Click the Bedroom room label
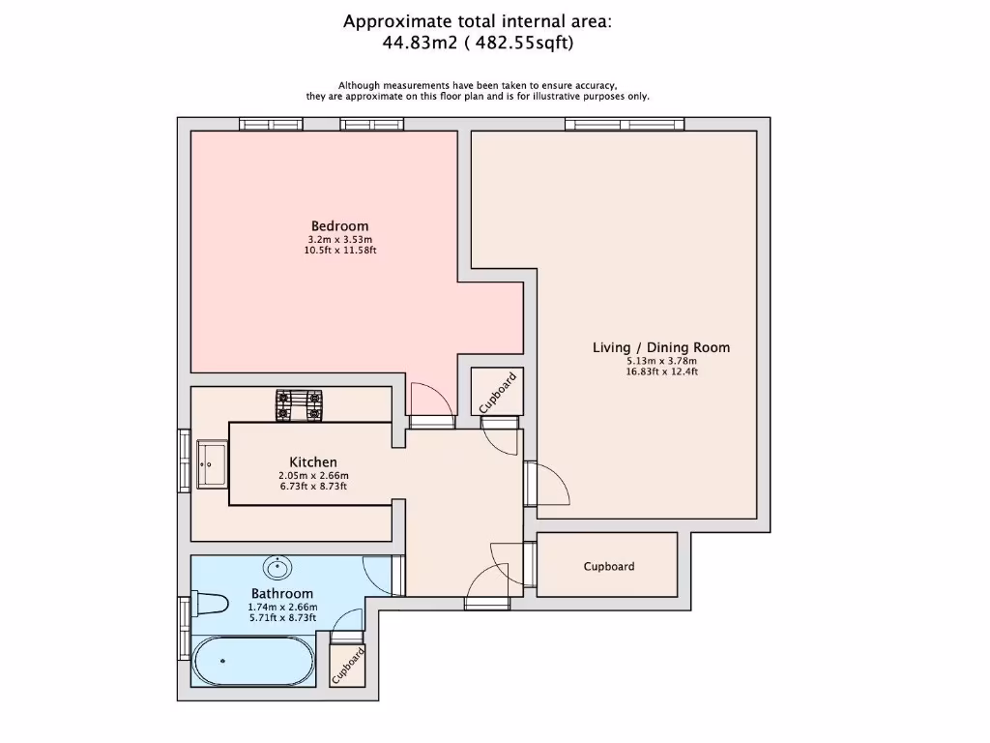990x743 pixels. point(339,226)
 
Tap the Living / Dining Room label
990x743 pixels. point(661,347)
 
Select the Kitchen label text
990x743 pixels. point(313,461)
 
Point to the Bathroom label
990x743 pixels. point(282,593)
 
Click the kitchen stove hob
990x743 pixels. point(300,405)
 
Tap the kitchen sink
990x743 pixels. point(212,464)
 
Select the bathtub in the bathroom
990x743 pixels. point(254,661)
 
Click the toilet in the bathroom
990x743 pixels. point(209,604)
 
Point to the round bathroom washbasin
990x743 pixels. point(277,567)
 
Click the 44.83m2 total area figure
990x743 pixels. point(420,43)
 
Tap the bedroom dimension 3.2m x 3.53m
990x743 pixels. point(339,240)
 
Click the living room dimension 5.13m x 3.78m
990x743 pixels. point(661,361)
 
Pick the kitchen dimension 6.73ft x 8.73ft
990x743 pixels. point(313,487)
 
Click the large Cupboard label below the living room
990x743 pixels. point(609,567)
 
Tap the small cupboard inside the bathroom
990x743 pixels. point(348,666)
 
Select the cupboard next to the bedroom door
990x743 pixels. point(498,392)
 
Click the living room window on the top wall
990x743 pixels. point(625,125)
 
